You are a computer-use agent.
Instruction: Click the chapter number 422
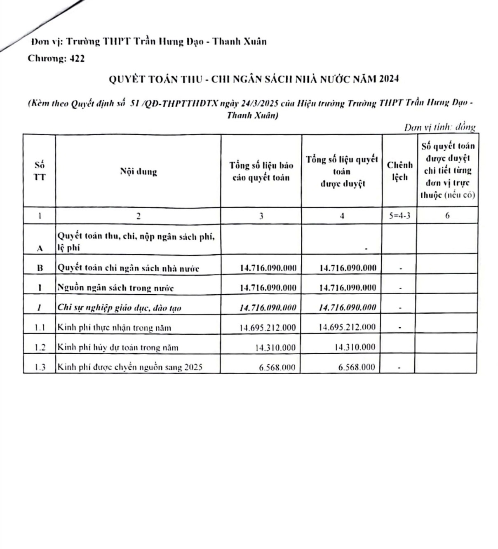pos(77,59)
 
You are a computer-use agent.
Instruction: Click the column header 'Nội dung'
pos(139,171)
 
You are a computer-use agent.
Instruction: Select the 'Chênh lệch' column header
pos(399,171)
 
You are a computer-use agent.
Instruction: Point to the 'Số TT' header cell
pos(40,171)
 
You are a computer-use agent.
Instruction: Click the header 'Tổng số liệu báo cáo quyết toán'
pos(261,171)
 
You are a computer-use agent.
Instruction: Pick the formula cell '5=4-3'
pos(399,215)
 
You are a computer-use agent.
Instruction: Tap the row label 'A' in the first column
pos(40,248)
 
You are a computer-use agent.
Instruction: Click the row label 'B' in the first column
pos(40,268)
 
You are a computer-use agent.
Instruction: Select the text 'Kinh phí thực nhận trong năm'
pos(114,328)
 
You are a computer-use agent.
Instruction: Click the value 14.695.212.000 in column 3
pos(268,328)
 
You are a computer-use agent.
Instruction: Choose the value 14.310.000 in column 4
pos(355,347)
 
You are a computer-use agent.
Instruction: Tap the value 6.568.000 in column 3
pos(277,367)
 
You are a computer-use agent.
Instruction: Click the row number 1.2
pos(40,347)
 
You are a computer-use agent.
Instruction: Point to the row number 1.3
pos(40,367)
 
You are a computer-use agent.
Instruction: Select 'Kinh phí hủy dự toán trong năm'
pos(118,347)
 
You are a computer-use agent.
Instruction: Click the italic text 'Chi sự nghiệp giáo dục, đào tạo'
pos(120,307)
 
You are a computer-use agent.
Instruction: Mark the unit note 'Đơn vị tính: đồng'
pos(440,127)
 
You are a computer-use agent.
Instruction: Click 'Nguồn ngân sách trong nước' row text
pos(115,288)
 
